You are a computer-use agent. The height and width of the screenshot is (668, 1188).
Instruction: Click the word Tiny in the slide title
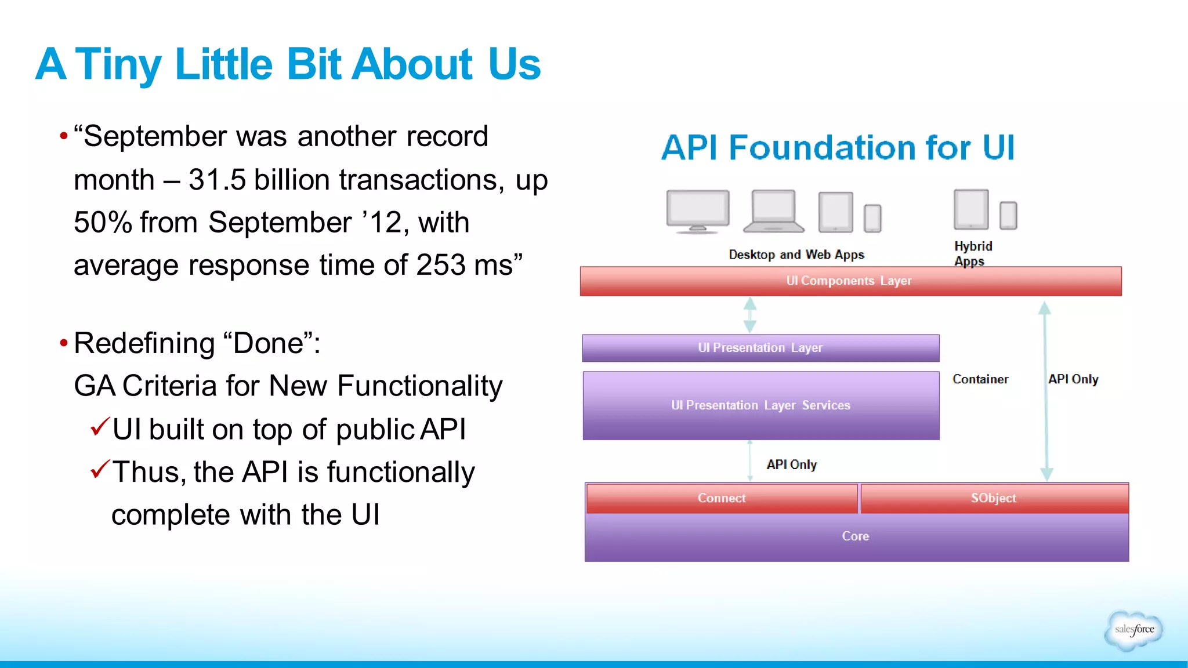click(118, 65)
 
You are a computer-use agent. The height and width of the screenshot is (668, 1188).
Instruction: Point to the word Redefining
click(144, 343)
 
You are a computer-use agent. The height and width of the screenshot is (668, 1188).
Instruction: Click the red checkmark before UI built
click(100, 427)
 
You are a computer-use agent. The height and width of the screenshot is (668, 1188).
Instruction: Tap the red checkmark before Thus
click(100, 469)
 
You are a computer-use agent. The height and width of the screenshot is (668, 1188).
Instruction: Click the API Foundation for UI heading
click(838, 147)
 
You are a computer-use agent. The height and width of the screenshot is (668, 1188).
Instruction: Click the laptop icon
click(774, 212)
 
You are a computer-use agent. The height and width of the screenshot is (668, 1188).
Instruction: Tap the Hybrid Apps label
click(973, 253)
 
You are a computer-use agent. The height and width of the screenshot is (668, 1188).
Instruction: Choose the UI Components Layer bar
click(850, 281)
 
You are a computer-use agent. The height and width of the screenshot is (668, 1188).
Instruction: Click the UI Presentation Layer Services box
click(760, 405)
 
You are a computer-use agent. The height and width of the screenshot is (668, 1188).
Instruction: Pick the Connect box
click(722, 498)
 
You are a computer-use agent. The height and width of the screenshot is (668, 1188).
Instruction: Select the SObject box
click(994, 498)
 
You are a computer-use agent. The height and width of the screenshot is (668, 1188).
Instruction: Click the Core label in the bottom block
click(856, 536)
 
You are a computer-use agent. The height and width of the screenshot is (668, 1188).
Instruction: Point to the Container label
click(980, 379)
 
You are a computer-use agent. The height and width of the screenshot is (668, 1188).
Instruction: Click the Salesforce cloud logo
click(1134, 630)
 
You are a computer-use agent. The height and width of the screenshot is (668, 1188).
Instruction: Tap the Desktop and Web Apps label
click(796, 255)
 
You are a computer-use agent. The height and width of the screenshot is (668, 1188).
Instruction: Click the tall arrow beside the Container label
click(1045, 391)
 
